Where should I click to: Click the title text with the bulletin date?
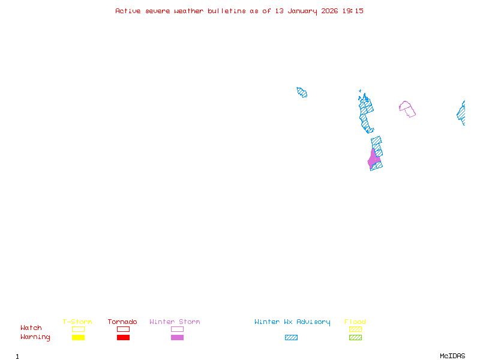(x=239, y=11)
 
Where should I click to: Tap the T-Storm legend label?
(x=77, y=322)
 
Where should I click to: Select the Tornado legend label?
(x=122, y=322)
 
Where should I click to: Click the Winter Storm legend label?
(x=175, y=322)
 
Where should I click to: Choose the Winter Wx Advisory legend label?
(x=292, y=322)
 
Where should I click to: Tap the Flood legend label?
(x=355, y=322)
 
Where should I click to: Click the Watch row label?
(x=31, y=328)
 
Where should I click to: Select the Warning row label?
(x=35, y=337)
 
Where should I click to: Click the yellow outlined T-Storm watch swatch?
(x=78, y=329)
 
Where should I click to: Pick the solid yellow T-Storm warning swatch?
(x=78, y=337)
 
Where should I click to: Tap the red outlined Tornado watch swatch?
(x=123, y=329)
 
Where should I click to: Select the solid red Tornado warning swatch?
(x=123, y=337)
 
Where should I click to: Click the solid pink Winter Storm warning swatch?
(x=177, y=337)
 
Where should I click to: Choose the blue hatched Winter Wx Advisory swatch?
(x=291, y=337)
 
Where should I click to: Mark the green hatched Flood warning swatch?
(x=355, y=337)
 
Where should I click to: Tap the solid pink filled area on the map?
(x=373, y=159)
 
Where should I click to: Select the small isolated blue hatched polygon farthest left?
(x=302, y=92)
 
